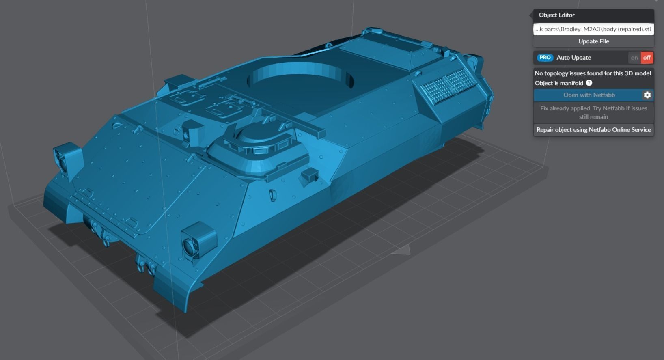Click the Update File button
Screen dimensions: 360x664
593,41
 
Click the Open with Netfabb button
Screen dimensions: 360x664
589,95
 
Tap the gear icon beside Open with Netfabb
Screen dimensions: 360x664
647,95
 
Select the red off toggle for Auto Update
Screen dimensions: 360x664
647,58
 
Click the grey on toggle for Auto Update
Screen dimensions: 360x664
634,58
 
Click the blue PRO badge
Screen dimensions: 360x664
545,58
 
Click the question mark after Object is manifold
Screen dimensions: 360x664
589,83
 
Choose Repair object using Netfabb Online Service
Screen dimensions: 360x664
593,130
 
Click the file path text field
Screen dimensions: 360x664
593,29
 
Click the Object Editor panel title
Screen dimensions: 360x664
556,15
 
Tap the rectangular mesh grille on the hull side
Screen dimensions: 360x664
449,84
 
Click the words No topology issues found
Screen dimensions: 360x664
593,73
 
